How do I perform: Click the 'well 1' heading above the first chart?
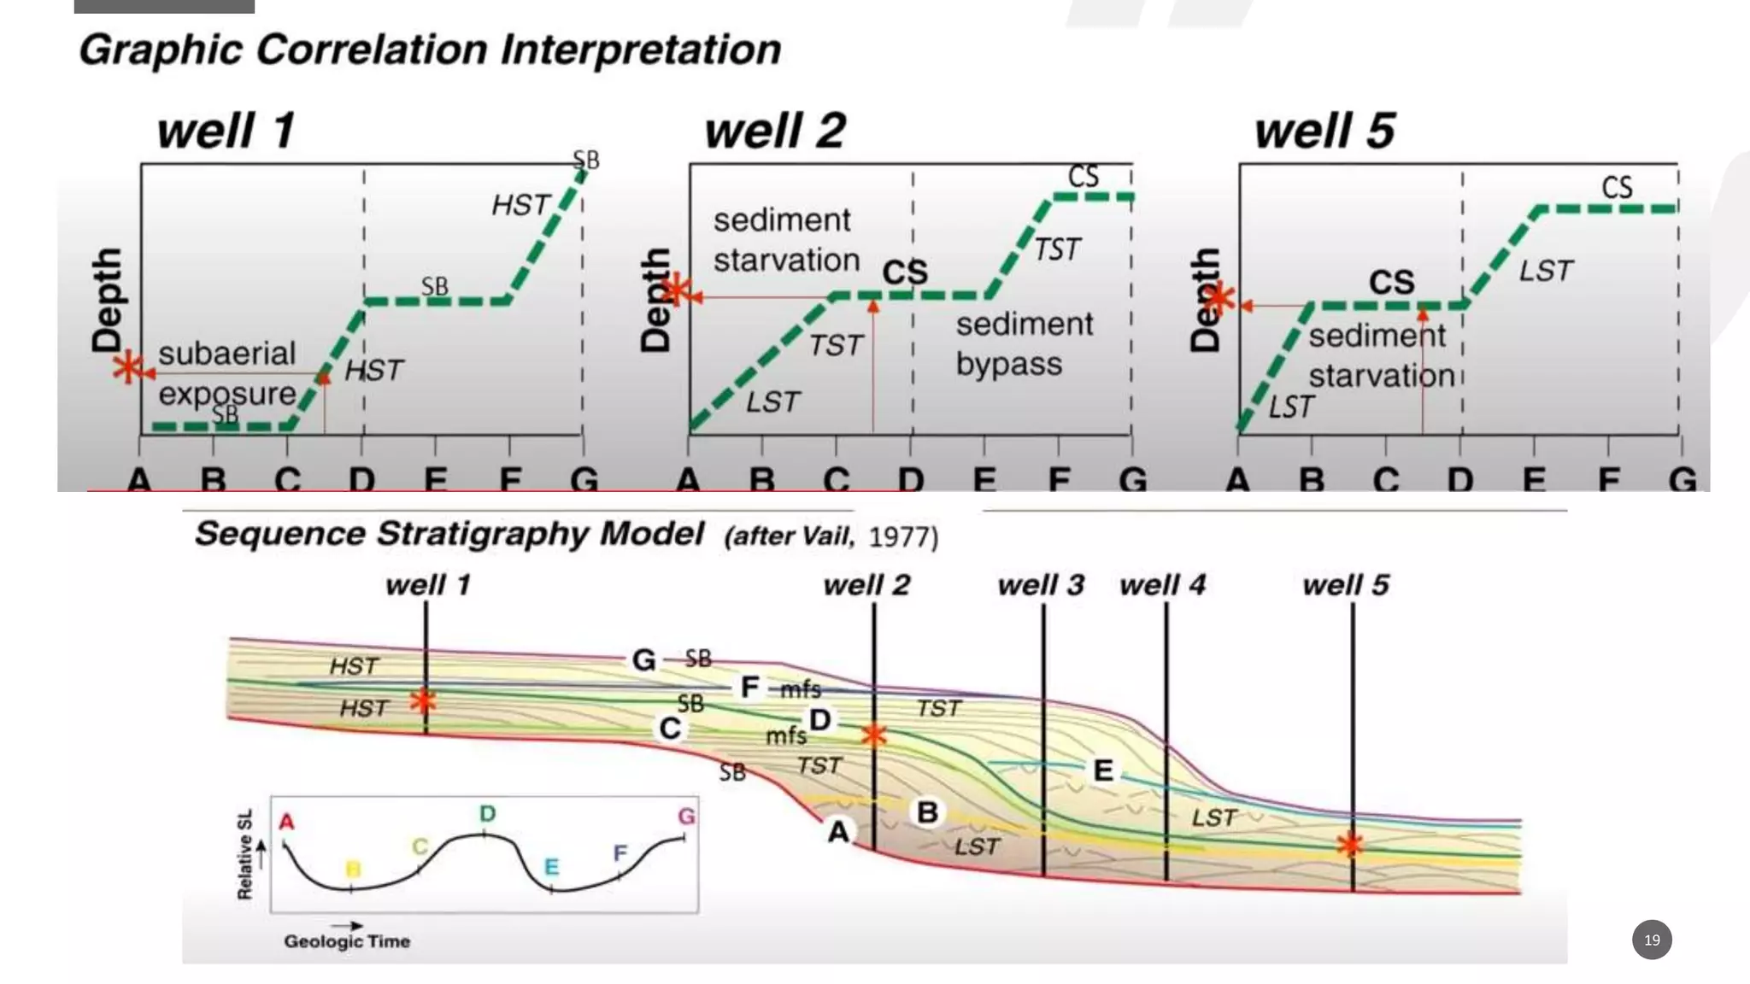click(226, 131)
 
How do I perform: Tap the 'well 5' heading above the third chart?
click(1324, 131)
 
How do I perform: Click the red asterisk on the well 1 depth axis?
click(128, 368)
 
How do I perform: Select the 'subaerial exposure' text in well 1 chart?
click(227, 374)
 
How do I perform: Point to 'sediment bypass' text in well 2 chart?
click(1024, 344)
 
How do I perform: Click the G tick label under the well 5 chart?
click(1682, 480)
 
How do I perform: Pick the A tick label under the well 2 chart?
click(688, 480)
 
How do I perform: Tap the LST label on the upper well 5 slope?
click(1545, 271)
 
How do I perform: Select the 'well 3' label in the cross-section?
click(1040, 585)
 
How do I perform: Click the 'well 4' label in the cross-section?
click(1162, 585)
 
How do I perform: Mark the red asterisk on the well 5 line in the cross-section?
click(1351, 845)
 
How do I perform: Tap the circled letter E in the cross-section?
click(1103, 770)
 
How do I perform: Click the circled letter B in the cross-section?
click(927, 811)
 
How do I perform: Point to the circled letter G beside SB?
click(643, 659)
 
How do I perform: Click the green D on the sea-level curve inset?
click(487, 813)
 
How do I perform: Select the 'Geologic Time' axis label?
click(347, 940)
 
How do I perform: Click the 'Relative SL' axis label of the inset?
click(245, 854)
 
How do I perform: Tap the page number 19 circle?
click(1651, 940)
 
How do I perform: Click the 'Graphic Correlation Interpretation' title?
click(430, 50)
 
